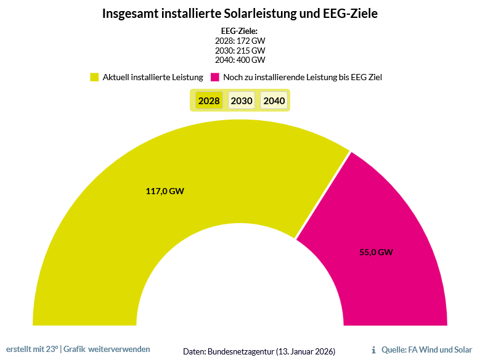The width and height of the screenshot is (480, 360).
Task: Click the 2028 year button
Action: [x=209, y=100]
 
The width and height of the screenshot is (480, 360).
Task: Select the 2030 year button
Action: [x=242, y=100]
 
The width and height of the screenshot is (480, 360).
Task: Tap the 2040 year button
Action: [x=274, y=100]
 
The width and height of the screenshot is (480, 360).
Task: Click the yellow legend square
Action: [x=94, y=78]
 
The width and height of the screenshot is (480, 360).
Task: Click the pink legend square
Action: [x=215, y=78]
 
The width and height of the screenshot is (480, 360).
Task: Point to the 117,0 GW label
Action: [x=165, y=191]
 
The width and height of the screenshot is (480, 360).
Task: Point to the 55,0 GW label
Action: [x=376, y=252]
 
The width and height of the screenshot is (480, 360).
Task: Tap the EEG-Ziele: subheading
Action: [x=239, y=31]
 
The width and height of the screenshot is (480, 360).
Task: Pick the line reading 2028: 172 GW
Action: [x=240, y=41]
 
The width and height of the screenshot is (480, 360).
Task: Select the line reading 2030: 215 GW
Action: [x=240, y=50]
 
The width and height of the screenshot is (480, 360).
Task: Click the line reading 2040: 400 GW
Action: [x=240, y=60]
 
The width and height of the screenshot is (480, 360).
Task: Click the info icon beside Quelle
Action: [x=374, y=350]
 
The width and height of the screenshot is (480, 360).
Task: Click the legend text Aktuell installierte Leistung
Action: [x=153, y=78]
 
